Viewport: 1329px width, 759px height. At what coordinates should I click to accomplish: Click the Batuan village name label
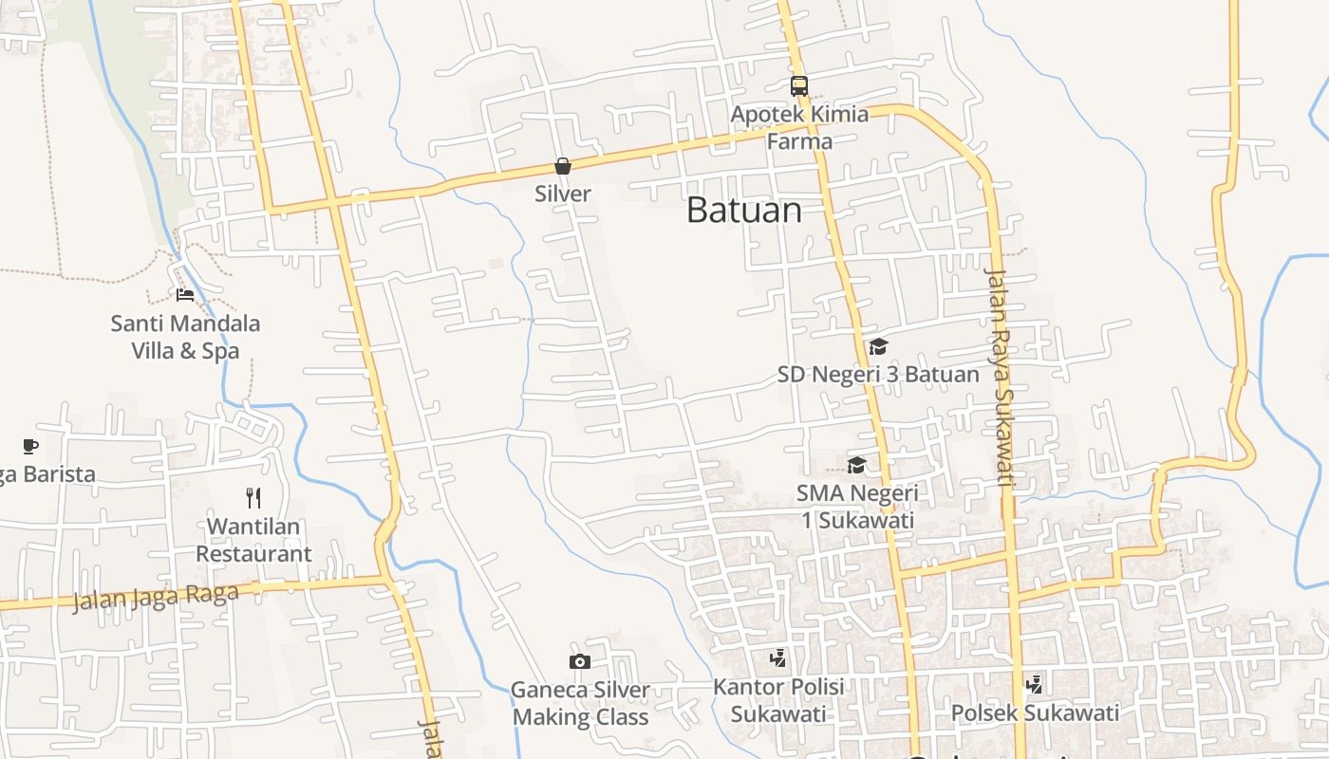(x=744, y=210)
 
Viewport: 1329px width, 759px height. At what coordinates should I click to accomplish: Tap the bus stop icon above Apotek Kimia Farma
(x=799, y=86)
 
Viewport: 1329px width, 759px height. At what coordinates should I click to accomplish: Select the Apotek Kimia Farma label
(x=798, y=128)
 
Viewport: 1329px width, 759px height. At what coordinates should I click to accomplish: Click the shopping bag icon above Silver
(x=563, y=166)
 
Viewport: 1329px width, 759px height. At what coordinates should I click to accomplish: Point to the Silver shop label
(x=563, y=194)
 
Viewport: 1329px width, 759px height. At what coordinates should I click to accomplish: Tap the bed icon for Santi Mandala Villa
(x=185, y=295)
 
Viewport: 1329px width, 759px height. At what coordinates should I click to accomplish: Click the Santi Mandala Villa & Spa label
(x=185, y=337)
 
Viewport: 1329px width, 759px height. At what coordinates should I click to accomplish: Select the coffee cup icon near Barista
(x=30, y=446)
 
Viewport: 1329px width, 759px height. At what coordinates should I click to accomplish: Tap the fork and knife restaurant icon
(x=253, y=497)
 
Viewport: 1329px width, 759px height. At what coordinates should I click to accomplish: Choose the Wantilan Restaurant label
(x=253, y=540)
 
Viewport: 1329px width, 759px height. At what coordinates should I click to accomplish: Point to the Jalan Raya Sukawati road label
(x=1001, y=379)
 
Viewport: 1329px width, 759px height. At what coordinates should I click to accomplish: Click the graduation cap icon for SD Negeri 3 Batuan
(x=878, y=346)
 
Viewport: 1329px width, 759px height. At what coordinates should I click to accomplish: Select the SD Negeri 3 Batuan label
(x=878, y=374)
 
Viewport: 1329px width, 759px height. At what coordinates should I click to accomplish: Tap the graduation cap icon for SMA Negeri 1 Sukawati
(x=857, y=465)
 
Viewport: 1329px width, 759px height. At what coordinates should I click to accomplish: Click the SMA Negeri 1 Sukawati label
(x=857, y=507)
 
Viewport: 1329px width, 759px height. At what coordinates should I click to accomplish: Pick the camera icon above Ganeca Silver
(x=580, y=661)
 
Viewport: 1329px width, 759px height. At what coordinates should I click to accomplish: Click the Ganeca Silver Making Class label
(x=580, y=703)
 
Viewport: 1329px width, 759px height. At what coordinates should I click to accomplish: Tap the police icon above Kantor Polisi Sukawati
(x=778, y=657)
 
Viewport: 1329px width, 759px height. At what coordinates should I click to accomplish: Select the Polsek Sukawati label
(x=1035, y=713)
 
